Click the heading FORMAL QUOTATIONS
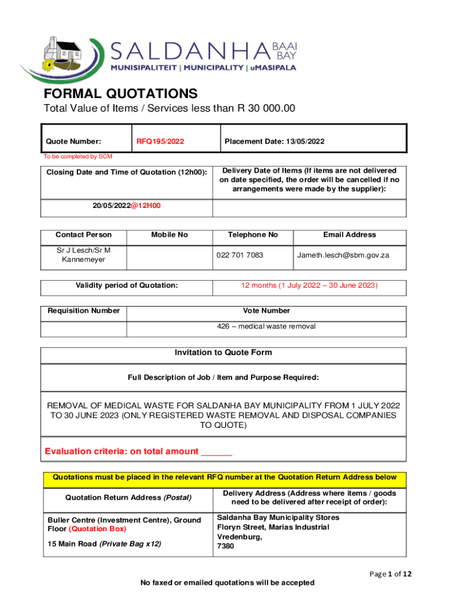tap(121, 93)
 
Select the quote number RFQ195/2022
tap(160, 141)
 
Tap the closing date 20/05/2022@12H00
tap(126, 206)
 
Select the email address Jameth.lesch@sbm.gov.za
tap(343, 255)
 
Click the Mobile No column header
tap(170, 235)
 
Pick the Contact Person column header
tap(83, 235)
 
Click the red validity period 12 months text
tap(309, 285)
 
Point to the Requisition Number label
tap(83, 311)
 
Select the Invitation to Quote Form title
tap(223, 353)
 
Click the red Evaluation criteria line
tap(138, 452)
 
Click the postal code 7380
tap(226, 546)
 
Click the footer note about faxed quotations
tap(227, 583)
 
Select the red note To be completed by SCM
tap(77, 157)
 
